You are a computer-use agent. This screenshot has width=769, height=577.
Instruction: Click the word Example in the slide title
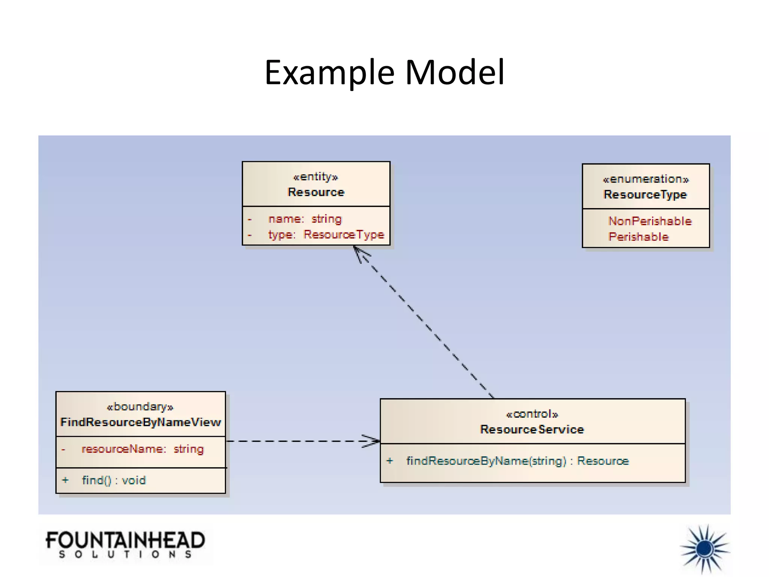pos(329,73)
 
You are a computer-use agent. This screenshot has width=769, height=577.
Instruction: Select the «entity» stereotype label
pos(315,177)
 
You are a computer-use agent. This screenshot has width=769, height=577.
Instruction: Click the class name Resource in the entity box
pos(316,192)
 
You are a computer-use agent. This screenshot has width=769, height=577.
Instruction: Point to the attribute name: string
pos(305,219)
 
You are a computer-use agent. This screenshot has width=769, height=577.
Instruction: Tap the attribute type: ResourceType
pos(326,235)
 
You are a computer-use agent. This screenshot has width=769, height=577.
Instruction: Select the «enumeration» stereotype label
pos(645,179)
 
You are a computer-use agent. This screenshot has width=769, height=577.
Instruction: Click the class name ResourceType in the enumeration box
pos(645,195)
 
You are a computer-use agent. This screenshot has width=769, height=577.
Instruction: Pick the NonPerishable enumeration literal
pos(650,221)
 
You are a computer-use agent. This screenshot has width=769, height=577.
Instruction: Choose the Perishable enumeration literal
pos(638,237)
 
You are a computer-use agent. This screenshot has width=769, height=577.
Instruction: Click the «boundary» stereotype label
pos(140,407)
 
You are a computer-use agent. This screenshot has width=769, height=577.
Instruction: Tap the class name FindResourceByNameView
pos(140,422)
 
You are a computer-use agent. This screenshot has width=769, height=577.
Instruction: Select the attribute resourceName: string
pos(142,449)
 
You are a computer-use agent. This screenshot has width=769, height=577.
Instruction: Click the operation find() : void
pos(113,480)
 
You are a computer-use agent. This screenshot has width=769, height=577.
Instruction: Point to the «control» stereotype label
pos(532,414)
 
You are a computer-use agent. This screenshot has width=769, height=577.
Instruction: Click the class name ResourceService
pos(532,430)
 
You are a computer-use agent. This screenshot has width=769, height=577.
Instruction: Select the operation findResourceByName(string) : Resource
pos(517,461)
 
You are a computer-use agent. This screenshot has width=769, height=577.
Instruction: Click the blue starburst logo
pos(704,549)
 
